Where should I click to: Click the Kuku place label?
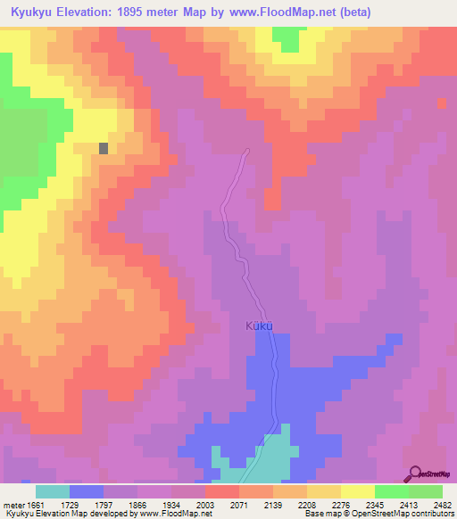(x=257, y=326)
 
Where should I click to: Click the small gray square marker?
(x=104, y=149)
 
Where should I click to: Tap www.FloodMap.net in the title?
(x=278, y=12)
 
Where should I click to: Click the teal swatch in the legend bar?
(x=52, y=491)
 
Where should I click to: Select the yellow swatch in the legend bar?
(x=357, y=491)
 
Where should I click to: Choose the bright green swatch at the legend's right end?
(x=425, y=491)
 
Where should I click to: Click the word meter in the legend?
(x=14, y=504)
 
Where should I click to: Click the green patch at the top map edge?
(x=286, y=37)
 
